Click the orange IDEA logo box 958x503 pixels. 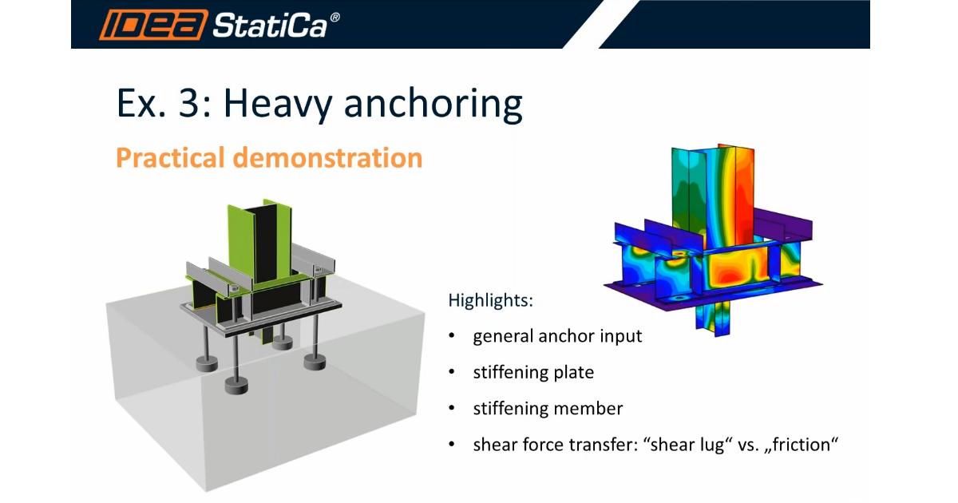[153, 25]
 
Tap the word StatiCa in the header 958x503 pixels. [270, 26]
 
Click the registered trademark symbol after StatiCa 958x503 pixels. [335, 18]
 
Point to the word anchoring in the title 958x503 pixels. [433, 105]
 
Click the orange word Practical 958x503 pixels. [170, 158]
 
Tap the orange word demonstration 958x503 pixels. [327, 158]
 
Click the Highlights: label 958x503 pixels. [490, 300]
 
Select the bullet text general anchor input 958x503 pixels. [557, 336]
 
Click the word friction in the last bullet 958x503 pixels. [801, 445]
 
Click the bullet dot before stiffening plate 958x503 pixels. [452, 372]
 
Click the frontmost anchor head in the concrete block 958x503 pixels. [236, 386]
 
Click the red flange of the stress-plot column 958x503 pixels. [745, 196]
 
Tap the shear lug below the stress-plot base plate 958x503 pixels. [714, 319]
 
